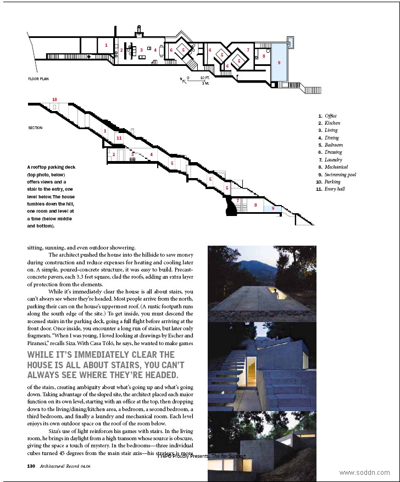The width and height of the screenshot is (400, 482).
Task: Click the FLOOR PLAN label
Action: coord(38,79)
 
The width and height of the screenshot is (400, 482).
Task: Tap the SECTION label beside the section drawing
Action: coord(35,128)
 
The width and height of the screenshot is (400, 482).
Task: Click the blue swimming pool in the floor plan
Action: coord(279,63)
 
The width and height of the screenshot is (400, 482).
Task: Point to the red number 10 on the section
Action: coord(54,99)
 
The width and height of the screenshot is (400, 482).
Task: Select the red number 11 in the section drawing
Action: coord(119,138)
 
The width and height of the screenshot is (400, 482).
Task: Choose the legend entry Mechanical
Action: coord(336,167)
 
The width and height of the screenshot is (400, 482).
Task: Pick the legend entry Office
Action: coord(330,116)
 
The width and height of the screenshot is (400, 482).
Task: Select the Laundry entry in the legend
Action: coord(333,160)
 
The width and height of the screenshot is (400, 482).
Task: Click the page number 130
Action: coord(31,466)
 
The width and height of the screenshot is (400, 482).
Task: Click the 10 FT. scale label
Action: coord(205,78)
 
